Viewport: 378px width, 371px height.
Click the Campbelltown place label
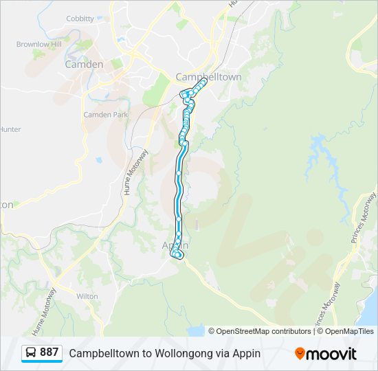208,77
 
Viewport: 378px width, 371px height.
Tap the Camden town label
84,65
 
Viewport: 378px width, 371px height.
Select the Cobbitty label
80,19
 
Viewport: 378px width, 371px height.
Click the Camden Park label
106,115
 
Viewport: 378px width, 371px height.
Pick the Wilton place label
87,296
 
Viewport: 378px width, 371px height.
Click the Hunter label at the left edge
10,129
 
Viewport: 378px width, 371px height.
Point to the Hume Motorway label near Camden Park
137,172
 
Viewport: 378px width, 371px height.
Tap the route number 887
49,352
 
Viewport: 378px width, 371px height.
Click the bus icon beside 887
32,353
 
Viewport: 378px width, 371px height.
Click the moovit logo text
332,354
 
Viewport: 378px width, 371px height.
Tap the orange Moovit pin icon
300,354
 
